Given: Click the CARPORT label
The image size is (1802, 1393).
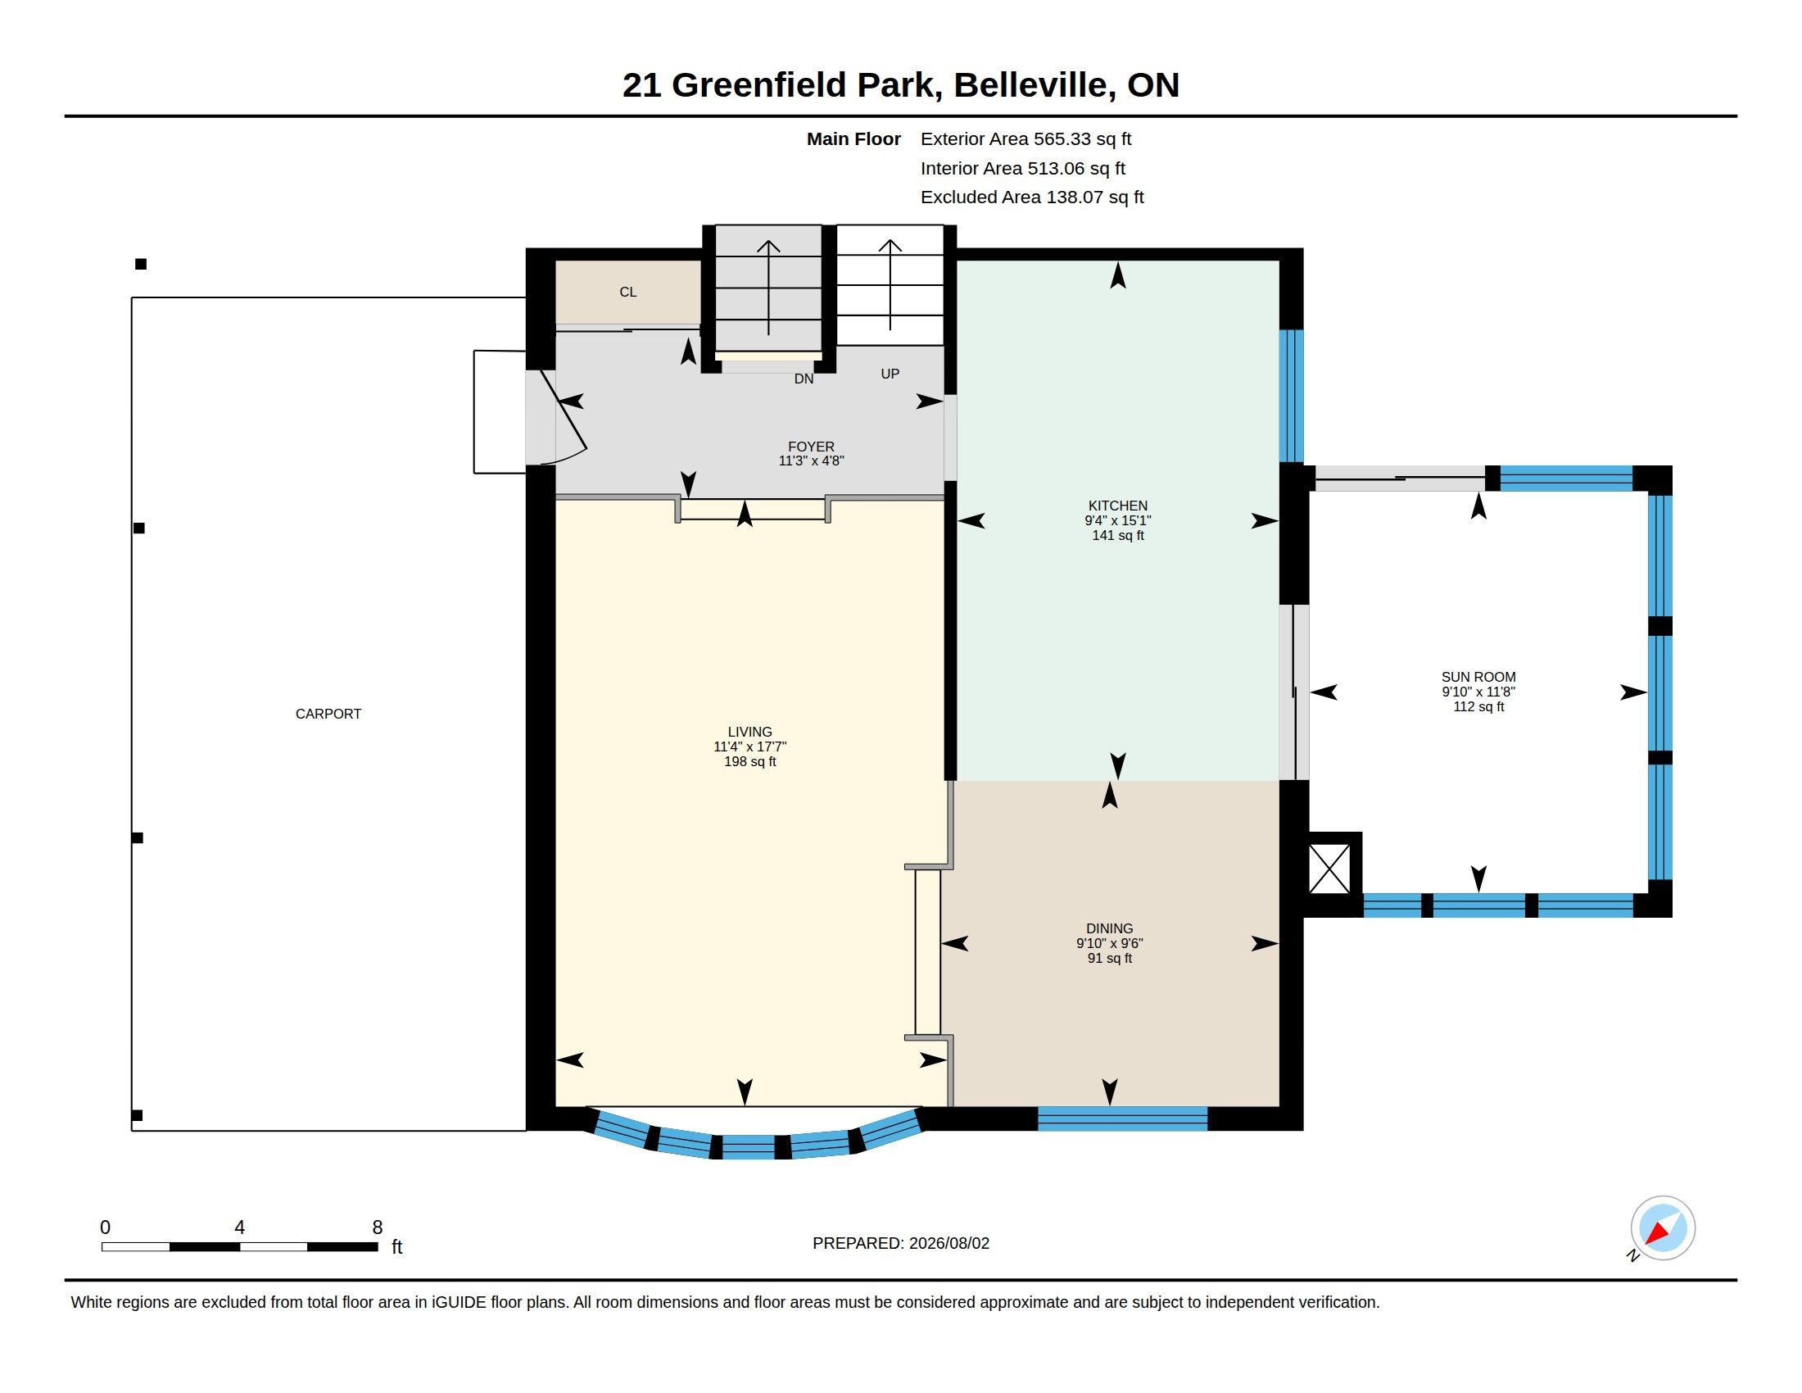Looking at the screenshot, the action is coord(328,714).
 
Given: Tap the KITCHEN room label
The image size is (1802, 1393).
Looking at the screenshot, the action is coord(1118,506).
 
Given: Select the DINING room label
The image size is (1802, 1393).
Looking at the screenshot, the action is coord(1110,928).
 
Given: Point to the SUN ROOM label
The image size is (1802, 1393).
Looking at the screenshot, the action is coord(1478,677).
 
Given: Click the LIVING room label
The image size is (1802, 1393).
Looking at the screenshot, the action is coord(750,732).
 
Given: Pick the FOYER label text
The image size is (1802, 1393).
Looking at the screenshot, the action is coord(811,447).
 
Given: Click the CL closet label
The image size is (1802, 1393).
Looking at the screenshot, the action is coord(628,293).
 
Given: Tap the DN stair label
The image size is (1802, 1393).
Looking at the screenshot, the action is coord(804,379).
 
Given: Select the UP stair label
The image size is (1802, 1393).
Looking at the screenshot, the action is coord(890,374).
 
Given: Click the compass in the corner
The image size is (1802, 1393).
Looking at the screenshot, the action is coord(1663,1228).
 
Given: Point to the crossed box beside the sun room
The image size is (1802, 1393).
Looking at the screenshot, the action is coord(1329,869).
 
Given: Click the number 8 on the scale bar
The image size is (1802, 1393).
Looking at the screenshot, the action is coord(377,1227).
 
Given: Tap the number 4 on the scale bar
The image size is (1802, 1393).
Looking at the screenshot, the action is coord(239,1227).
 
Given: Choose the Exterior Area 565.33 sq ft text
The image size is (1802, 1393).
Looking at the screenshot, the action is coord(1026,139).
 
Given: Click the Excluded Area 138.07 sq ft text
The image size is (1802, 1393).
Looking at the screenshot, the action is coord(1032,197).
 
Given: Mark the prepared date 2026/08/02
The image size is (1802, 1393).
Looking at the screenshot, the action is coord(949,1243).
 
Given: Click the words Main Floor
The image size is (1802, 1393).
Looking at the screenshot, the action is coord(853,139).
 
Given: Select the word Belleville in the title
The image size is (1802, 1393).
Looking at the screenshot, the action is coord(1030,85).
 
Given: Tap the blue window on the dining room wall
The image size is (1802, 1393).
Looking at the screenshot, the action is coord(1122,1118).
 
